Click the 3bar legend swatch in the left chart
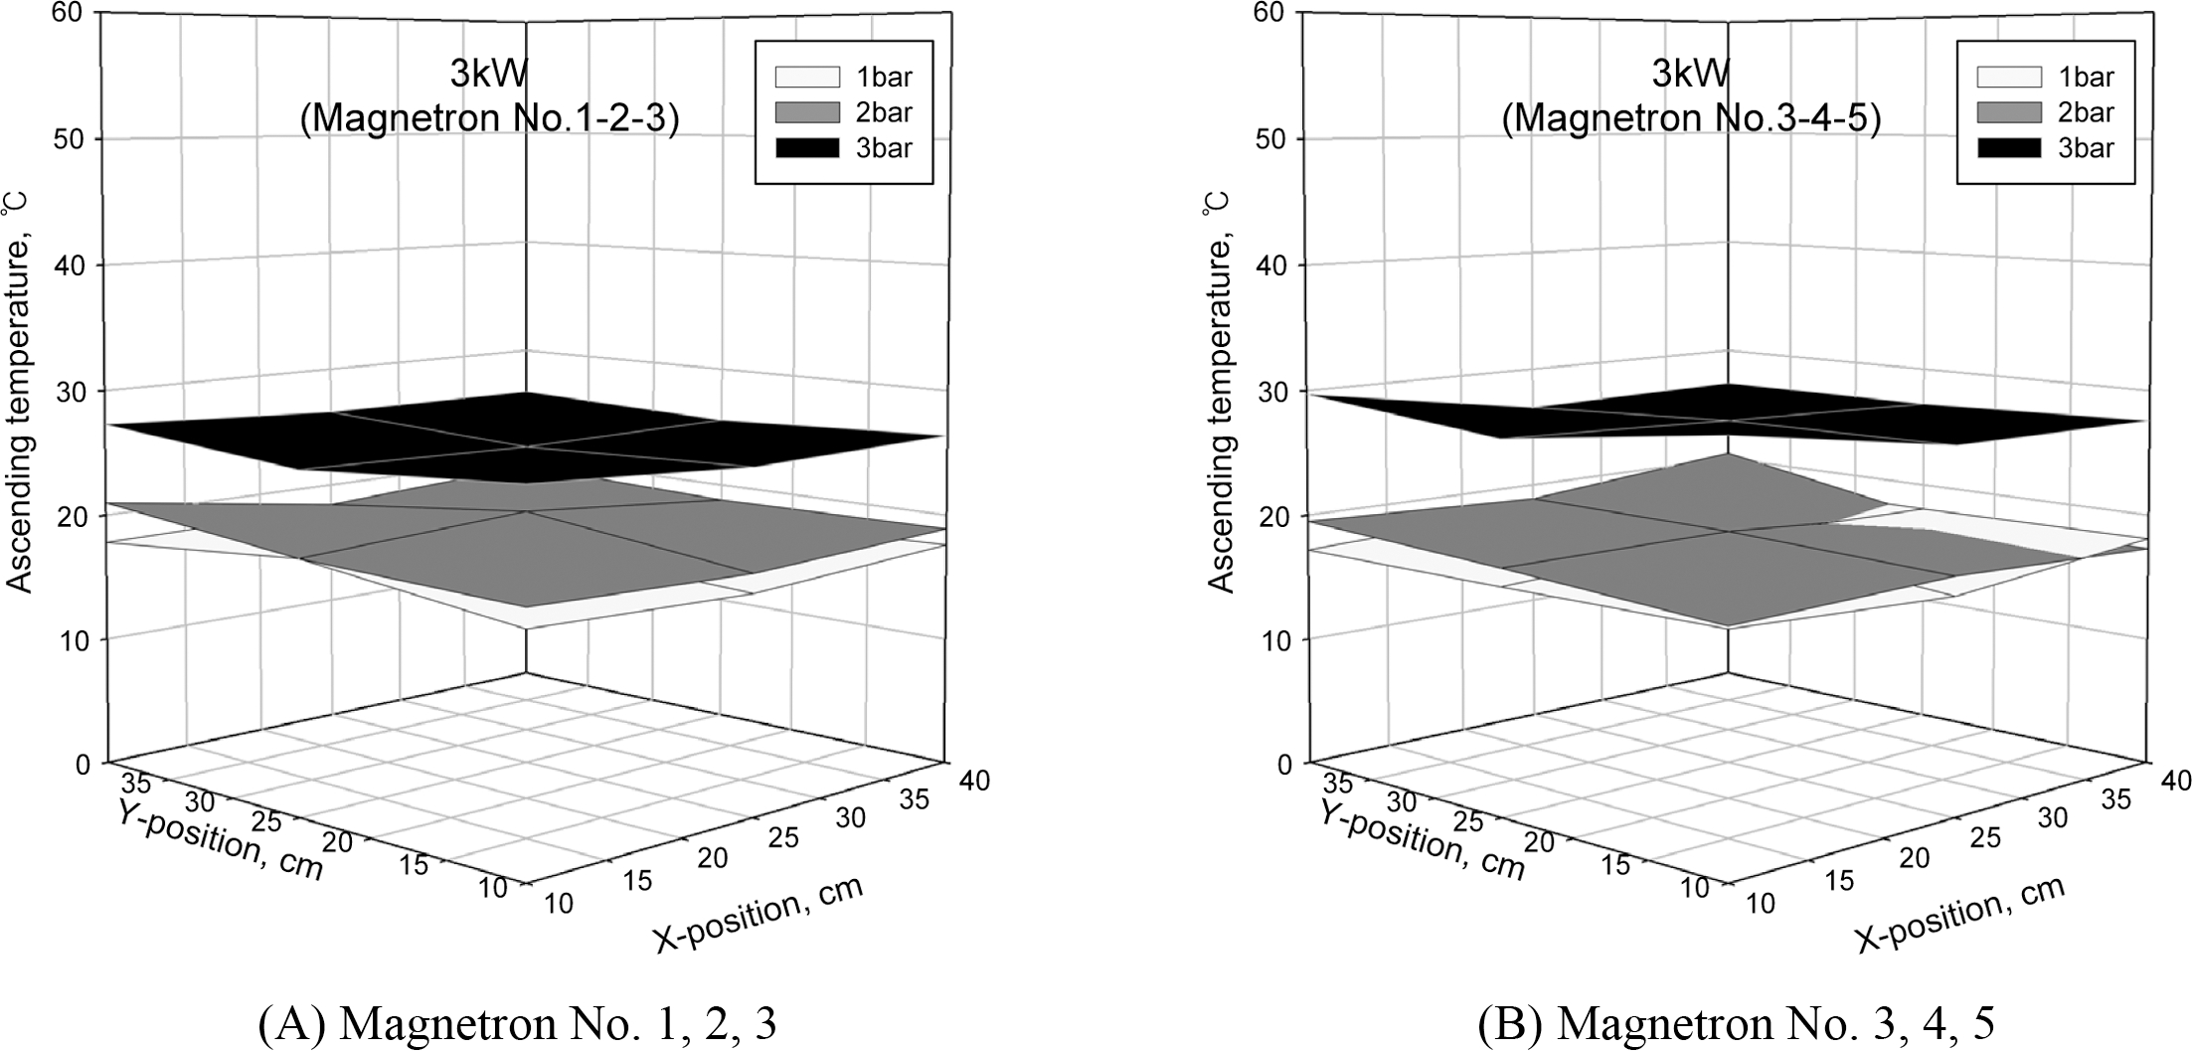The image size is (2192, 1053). click(800, 148)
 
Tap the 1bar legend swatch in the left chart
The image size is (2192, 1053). click(800, 77)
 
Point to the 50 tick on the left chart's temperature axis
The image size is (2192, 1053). click(75, 138)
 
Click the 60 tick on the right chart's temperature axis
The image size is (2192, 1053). click(1276, 13)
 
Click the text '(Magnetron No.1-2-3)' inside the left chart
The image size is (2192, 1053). click(489, 118)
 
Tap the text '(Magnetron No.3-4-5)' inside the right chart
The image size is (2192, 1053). click(1691, 118)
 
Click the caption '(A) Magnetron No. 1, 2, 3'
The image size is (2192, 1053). click(517, 1025)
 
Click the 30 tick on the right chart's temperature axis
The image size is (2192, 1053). click(1276, 391)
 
